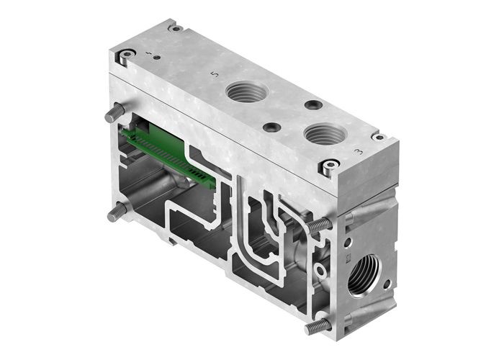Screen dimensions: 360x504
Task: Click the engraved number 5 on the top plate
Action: point(212,73)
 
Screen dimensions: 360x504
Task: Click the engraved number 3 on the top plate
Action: point(359,151)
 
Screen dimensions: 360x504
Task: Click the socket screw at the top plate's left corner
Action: point(126,54)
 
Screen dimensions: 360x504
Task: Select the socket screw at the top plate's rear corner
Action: point(175,28)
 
